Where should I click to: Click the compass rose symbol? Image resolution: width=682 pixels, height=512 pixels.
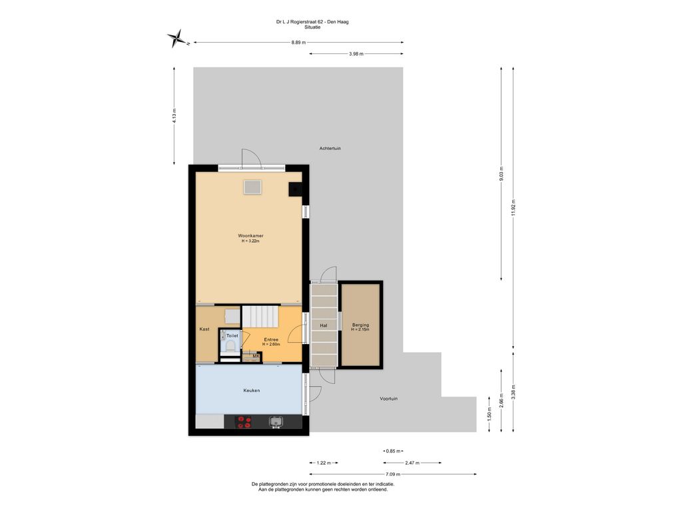(176, 38)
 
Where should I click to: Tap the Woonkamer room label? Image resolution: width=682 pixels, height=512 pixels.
(250, 235)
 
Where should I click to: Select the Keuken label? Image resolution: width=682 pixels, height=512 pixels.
(251, 391)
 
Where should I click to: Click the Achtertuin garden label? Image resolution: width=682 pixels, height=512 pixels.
(330, 149)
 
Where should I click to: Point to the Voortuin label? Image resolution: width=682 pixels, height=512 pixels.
(388, 399)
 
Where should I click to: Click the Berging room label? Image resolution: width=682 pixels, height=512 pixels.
(360, 325)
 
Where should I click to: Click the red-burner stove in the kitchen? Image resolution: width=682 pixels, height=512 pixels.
(244, 422)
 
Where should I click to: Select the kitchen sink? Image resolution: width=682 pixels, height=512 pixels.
(276, 421)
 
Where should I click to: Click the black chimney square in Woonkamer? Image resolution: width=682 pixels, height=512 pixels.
(295, 189)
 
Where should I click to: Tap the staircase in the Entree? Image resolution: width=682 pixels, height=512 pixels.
(260, 317)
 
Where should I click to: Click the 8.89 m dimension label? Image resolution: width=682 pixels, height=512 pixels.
(298, 42)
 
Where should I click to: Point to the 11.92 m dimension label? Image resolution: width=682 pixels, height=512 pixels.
(513, 208)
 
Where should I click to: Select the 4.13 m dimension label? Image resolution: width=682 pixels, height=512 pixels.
(174, 115)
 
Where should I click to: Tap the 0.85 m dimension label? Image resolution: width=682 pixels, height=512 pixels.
(393, 451)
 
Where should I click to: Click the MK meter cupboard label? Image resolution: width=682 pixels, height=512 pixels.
(256, 357)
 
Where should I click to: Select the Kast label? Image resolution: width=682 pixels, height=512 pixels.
(204, 329)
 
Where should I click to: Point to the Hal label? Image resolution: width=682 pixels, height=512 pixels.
(324, 325)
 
